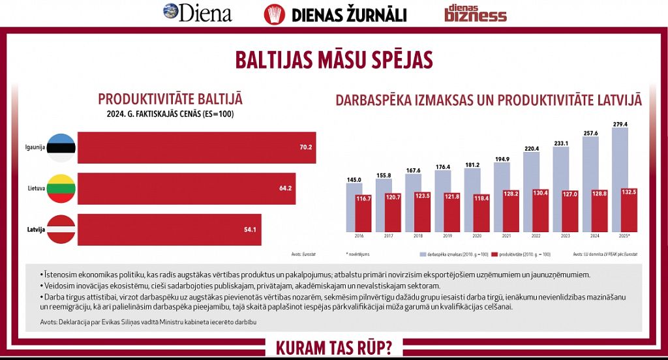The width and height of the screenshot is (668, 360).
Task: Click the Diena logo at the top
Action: click(x=197, y=12)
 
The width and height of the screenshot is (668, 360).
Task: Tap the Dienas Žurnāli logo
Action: click(x=335, y=14)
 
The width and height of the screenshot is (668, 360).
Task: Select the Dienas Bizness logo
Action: click(x=475, y=13)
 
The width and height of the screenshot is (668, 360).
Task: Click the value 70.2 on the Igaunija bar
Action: click(x=306, y=148)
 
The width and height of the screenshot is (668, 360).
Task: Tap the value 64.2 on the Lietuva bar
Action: click(x=286, y=188)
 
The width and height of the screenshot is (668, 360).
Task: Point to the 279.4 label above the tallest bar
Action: click(x=620, y=124)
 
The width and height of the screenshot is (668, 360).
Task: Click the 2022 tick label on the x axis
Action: click(x=535, y=236)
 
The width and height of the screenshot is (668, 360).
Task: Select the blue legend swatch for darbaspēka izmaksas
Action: click(x=422, y=253)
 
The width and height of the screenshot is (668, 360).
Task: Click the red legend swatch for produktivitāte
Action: click(x=494, y=253)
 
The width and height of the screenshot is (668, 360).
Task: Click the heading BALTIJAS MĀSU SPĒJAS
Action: click(x=333, y=60)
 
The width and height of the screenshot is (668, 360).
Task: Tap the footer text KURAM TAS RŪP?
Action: click(x=334, y=347)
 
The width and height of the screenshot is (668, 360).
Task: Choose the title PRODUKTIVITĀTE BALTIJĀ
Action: click(x=170, y=99)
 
